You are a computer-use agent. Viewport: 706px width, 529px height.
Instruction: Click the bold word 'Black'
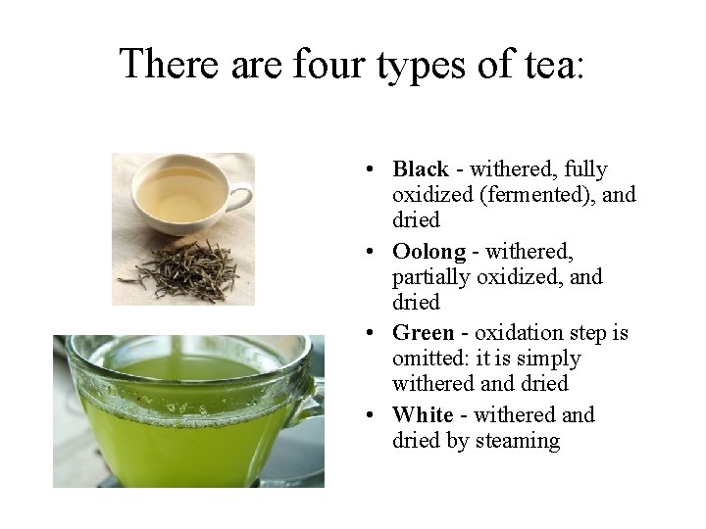click(x=421, y=169)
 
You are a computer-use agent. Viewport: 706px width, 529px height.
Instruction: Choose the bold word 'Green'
click(x=424, y=333)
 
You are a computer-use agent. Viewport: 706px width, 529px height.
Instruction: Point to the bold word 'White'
click(x=424, y=414)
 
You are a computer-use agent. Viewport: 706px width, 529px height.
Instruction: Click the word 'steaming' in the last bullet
click(x=517, y=441)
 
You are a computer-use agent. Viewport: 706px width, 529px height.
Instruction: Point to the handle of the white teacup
click(x=239, y=196)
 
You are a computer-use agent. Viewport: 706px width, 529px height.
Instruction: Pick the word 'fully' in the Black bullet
click(x=584, y=169)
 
